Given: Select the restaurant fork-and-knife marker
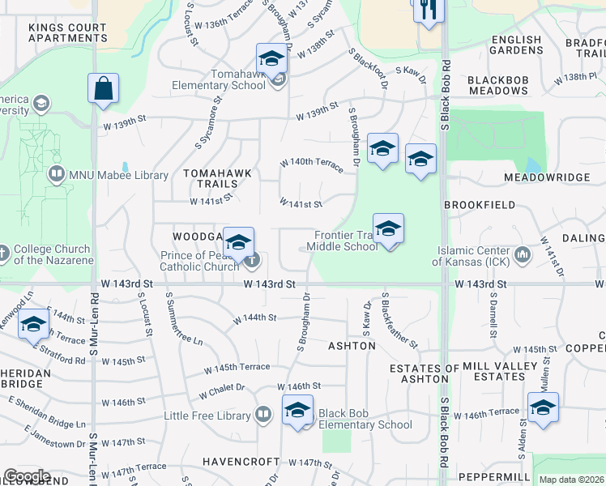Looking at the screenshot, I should click(x=426, y=10).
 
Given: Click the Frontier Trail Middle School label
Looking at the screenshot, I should click(x=346, y=241).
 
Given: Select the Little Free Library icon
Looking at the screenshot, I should click(x=262, y=416).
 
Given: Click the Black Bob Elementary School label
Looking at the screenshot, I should click(x=365, y=419).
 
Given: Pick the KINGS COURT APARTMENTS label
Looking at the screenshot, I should click(x=67, y=32).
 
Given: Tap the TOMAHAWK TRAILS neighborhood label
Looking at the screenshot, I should click(x=218, y=178).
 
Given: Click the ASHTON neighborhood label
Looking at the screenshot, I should click(x=352, y=346).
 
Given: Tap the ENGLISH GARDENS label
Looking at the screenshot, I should click(x=516, y=45).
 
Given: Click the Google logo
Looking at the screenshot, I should click(x=28, y=476).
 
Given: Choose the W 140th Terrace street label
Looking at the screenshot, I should click(x=311, y=163).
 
